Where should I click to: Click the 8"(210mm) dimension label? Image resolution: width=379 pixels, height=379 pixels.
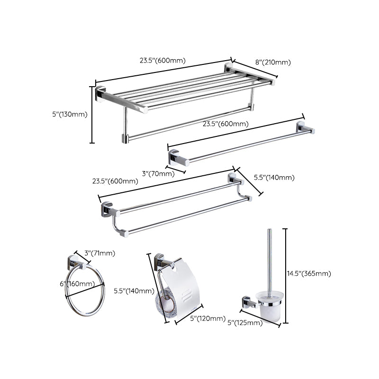click(273, 62)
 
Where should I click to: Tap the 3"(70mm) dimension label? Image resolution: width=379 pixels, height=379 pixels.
click(159, 173)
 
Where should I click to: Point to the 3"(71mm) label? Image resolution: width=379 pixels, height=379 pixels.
click(99, 253)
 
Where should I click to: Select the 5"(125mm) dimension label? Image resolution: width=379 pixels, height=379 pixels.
click(245, 323)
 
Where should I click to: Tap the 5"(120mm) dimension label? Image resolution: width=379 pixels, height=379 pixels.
click(208, 318)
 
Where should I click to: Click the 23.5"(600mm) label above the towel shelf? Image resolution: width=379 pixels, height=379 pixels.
click(162, 60)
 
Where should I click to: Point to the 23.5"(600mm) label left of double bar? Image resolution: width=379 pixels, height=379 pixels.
click(115, 181)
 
